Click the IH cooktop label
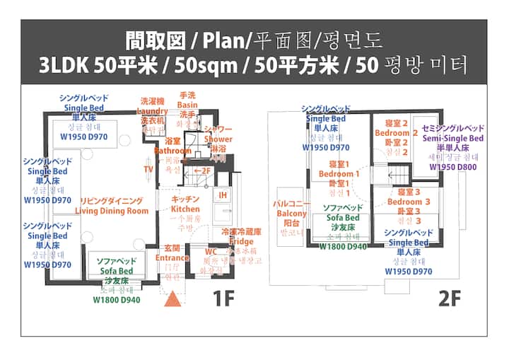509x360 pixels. point(222,195)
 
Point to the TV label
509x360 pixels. point(148,170)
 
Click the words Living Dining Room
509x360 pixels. point(113,211)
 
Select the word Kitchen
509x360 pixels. point(185,209)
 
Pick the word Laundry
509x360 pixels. point(152,112)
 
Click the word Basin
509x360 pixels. point(187,105)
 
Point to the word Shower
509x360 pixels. point(218,139)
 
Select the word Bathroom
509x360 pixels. point(172,151)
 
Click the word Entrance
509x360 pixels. point(172,258)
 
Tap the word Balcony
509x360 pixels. point(291,214)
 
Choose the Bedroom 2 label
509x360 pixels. point(392,133)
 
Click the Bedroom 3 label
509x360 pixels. point(405,202)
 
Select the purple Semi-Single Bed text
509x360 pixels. point(453,139)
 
